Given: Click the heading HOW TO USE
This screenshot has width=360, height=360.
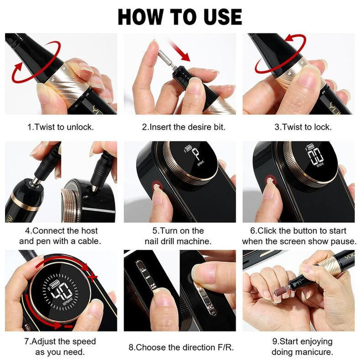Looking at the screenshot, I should click(x=180, y=16).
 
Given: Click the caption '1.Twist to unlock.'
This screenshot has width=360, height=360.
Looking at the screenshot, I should click(x=60, y=127).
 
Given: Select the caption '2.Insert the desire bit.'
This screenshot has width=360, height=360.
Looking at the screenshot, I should click(x=183, y=127).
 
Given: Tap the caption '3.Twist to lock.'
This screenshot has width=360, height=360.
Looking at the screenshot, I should click(x=302, y=127).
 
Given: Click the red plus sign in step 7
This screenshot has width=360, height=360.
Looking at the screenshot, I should click(x=91, y=275).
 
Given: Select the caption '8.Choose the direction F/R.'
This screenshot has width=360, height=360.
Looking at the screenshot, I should click(x=183, y=346).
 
